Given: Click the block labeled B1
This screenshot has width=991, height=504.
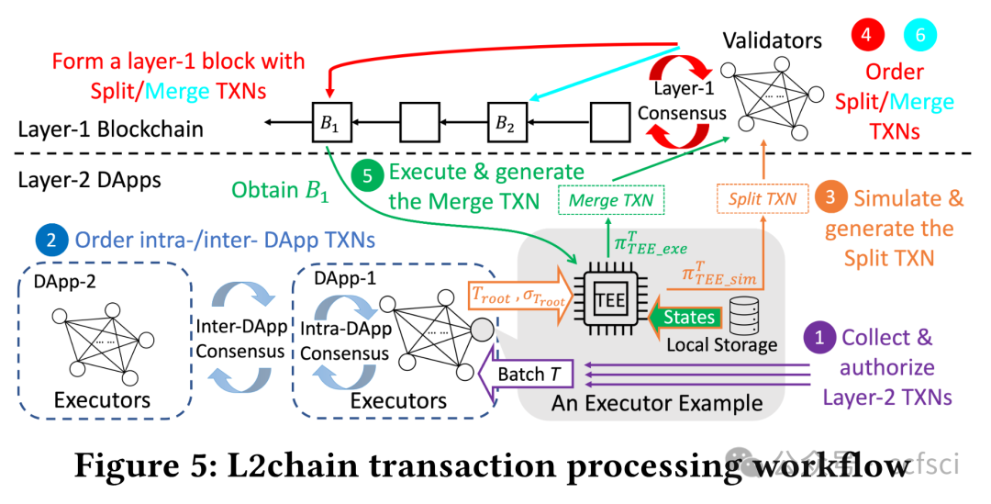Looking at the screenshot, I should coord(328,120).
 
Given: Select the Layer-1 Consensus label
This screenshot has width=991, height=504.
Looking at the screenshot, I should coord(683,102).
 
